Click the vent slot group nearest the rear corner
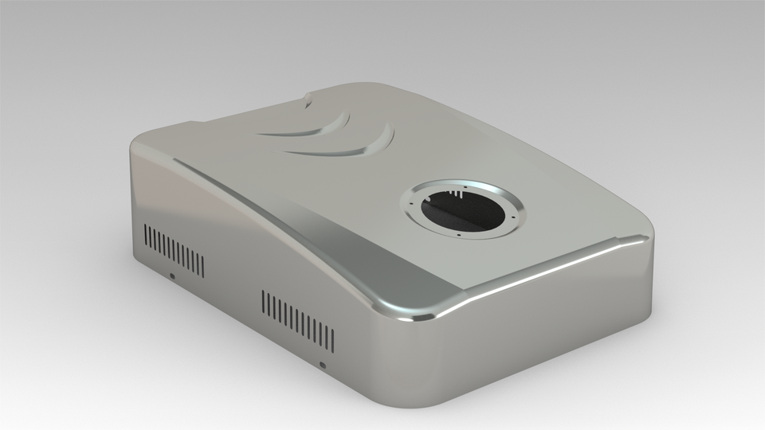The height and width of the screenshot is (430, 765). tap(173, 250)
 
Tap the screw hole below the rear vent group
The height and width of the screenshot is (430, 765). tap(172, 277)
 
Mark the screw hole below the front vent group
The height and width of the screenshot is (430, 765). tap(322, 365)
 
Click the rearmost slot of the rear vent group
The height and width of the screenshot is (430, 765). tap(145, 236)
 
